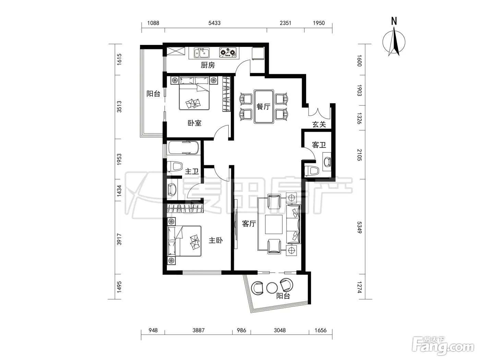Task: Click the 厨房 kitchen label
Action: tap(208, 65)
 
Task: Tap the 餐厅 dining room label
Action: tap(264, 106)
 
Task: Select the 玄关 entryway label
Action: tap(319, 124)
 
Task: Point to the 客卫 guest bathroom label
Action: tap(319, 145)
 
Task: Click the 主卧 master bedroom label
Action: tap(216, 240)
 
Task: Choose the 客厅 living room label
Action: tap(249, 224)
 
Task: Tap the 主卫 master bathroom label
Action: tap(192, 171)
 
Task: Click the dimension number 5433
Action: tap(214, 23)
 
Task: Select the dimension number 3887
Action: tap(198, 330)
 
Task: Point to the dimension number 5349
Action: tap(359, 227)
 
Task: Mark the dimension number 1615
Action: tap(119, 59)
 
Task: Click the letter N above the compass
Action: tap(394, 21)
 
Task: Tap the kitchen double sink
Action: tap(202, 53)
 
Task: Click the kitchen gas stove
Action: tap(228, 53)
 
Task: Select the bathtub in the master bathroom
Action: tap(183, 148)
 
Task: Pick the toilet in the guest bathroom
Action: tap(311, 171)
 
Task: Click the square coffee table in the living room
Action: tap(274, 225)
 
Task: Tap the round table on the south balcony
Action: tap(272, 288)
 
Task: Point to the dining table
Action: tap(264, 106)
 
